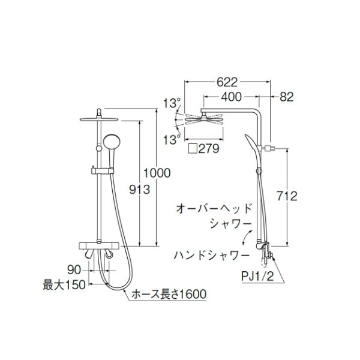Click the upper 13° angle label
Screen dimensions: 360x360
click(172, 103)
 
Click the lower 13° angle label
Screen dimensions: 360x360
click(172, 139)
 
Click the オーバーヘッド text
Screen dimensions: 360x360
click(213, 208)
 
